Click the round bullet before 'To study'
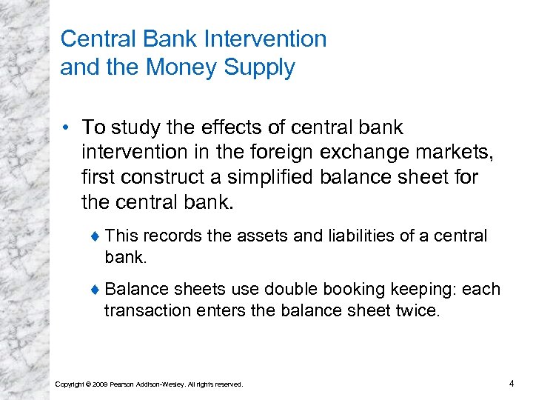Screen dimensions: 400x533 [67, 128]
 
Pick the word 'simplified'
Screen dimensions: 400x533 [275, 178]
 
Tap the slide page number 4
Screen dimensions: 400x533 [512, 383]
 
